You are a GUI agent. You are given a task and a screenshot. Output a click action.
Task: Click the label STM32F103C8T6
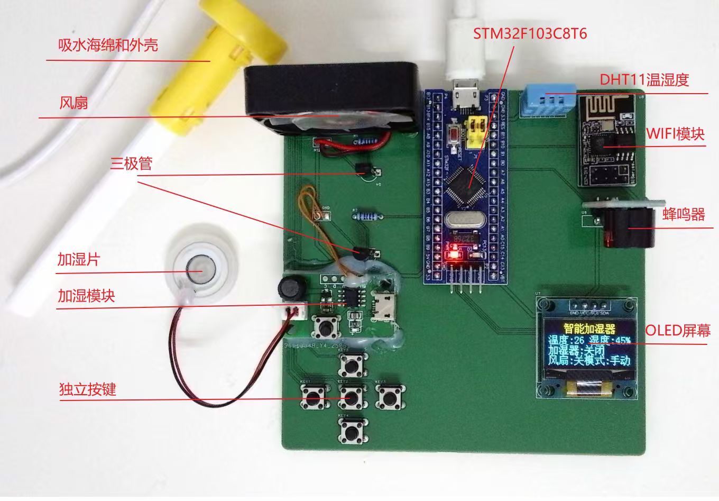[x=530, y=34]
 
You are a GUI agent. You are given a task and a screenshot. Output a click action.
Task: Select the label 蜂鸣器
[x=683, y=214]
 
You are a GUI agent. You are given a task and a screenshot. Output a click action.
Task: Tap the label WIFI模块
[x=675, y=134]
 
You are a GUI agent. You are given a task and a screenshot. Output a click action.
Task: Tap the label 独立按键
[x=87, y=390]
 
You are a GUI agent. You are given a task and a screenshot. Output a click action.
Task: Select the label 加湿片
[x=78, y=260]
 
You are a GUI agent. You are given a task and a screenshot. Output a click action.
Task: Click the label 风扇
[x=73, y=103]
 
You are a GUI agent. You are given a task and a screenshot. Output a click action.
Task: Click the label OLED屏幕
[x=677, y=331]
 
